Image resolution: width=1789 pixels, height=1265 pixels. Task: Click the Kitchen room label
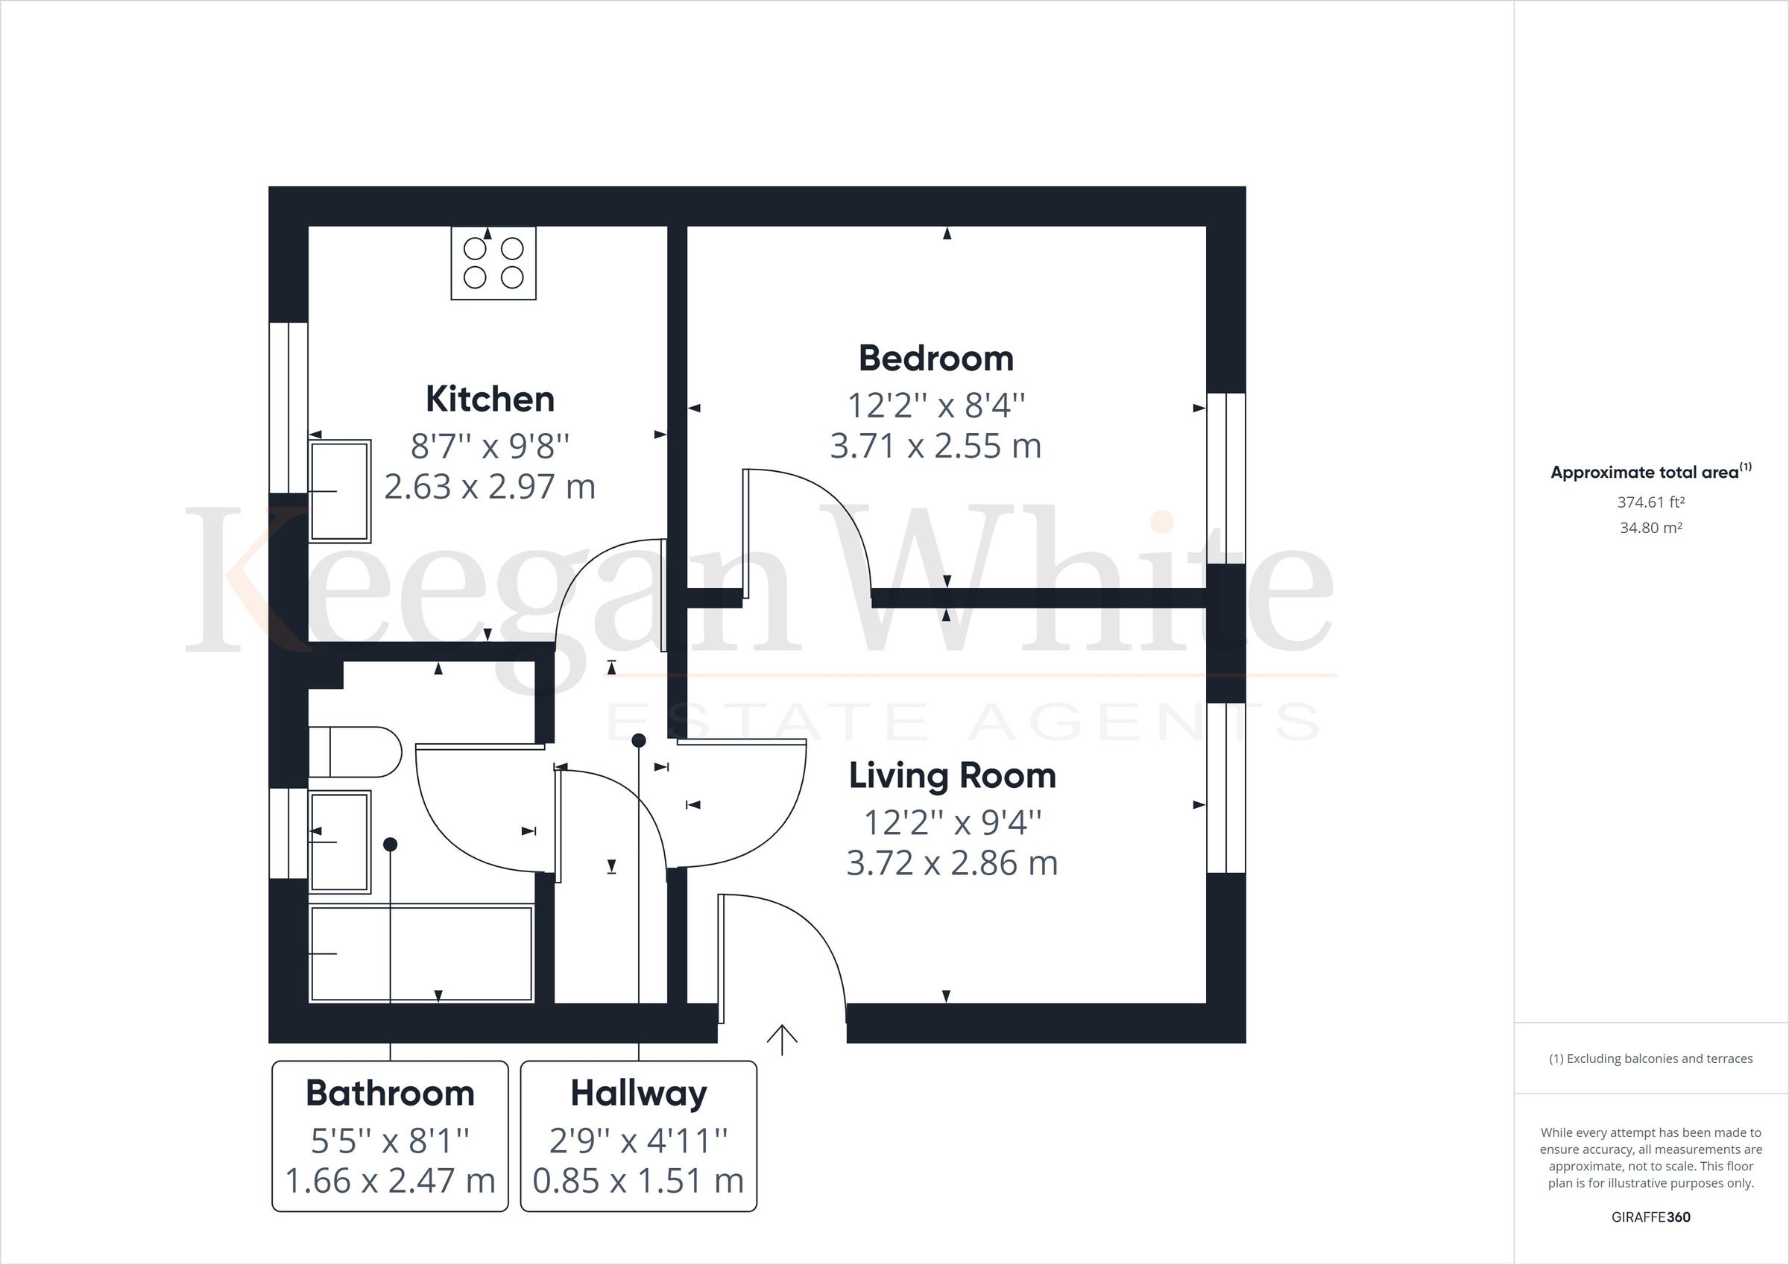pos(489,399)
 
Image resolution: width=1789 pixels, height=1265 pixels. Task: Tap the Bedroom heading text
pos(935,359)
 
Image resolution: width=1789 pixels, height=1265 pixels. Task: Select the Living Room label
pos(951,775)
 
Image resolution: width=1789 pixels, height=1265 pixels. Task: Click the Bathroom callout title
pos(390,1093)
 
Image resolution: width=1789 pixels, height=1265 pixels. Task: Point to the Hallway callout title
pos(638,1093)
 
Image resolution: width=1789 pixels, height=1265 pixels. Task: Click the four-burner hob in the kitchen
pos(493,263)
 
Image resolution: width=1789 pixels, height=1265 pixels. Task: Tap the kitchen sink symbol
pos(340,491)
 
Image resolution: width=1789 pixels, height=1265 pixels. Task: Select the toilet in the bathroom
pos(355,752)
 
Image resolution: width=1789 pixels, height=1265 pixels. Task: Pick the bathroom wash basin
pos(340,842)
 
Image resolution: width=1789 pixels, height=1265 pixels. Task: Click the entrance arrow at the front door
pos(781,1040)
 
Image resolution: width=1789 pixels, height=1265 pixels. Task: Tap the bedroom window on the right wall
pos(1225,478)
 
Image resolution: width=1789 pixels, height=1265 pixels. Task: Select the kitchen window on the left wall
pos(288,407)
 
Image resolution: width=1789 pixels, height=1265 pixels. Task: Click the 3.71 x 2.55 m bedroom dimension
pos(935,446)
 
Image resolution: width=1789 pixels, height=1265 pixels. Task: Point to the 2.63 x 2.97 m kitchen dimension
pos(489,486)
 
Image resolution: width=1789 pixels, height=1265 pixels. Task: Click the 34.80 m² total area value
pos(1650,528)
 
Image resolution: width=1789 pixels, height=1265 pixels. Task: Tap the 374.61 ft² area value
pos(1650,502)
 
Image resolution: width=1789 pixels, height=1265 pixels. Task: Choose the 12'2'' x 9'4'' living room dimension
pos(951,822)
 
